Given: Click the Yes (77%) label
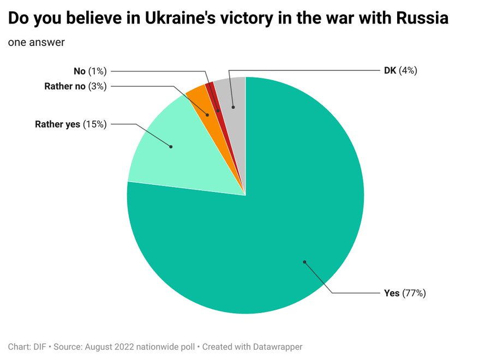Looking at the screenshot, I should point(405,293).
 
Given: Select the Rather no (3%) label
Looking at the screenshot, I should point(75,86).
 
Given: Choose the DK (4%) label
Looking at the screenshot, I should point(400,70).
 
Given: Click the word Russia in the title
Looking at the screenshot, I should point(418,19).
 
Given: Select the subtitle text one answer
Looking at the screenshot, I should point(36,42).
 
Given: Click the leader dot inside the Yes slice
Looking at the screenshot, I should point(304,262).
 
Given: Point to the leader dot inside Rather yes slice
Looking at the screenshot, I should point(171,146).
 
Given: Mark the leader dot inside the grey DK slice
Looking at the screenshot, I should point(233,107).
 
